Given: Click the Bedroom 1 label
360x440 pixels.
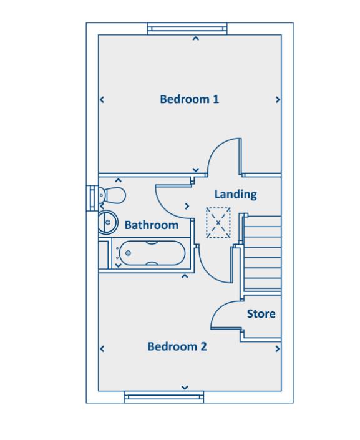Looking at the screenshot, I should point(189,99).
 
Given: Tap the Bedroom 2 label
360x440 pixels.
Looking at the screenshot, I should point(177,346).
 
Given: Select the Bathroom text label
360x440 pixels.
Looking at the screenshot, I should point(151,225).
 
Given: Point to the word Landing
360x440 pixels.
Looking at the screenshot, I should point(235,194).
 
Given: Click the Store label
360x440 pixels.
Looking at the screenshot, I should point(261,314).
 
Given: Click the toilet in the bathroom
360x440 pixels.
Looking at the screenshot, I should point(112,194).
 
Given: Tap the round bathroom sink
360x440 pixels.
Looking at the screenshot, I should point(107,221).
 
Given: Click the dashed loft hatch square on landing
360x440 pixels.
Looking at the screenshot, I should point(218,222).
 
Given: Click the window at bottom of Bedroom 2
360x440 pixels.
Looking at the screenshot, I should point(163,397).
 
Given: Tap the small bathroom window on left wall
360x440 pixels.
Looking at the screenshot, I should point(92,197).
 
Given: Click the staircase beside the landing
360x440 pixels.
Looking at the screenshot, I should point(262,253).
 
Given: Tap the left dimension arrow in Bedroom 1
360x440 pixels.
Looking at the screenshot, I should point(102,99).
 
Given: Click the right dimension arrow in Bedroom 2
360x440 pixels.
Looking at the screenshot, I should point(278,350).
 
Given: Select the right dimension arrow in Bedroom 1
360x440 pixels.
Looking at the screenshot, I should point(278,99).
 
